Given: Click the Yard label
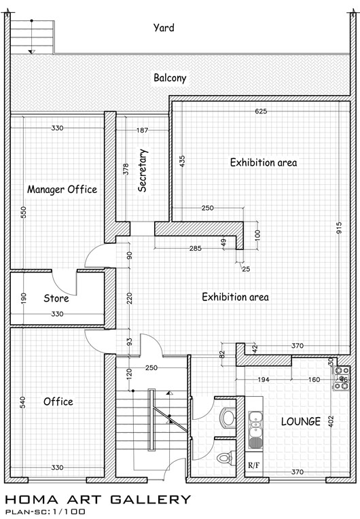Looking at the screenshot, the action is tap(164, 27).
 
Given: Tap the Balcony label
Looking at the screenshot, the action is tap(170, 78).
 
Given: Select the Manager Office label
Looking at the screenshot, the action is tap(62, 190).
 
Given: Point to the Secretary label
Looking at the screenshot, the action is tap(143, 171).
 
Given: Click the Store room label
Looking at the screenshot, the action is tap(56, 298).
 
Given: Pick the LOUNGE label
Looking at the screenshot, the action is tap(301, 421).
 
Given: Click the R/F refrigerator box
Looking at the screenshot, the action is tap(254, 465).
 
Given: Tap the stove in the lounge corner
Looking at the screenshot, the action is tap(342, 378).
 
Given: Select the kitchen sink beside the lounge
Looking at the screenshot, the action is tap(255, 430).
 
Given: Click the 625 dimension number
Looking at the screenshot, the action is tap(261, 111).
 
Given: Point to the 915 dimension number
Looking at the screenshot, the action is tap(338, 228).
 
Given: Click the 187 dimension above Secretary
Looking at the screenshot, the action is tap(142, 130).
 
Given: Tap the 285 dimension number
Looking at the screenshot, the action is tap(195, 248).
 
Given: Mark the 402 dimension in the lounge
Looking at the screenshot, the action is tap(331, 421).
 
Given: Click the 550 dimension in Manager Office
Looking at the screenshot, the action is tap(24, 213).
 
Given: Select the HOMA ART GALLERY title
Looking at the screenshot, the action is tap(98, 499).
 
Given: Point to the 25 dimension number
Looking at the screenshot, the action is tap(246, 269).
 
